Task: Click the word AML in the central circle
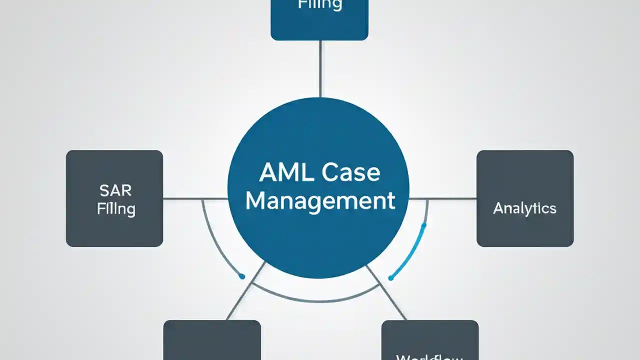coord(283,173)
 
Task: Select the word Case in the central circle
coord(351,173)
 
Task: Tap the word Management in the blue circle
coord(320,201)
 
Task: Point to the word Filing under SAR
coord(115,208)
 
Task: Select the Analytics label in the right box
coord(524,208)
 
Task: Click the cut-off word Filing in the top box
coord(320,5)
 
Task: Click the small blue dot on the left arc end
coord(242,276)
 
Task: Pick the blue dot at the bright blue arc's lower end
coord(391,278)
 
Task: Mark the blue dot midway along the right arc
coord(424,226)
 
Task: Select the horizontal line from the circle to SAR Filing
coord(195,198)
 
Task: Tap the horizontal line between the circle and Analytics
coord(443,198)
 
